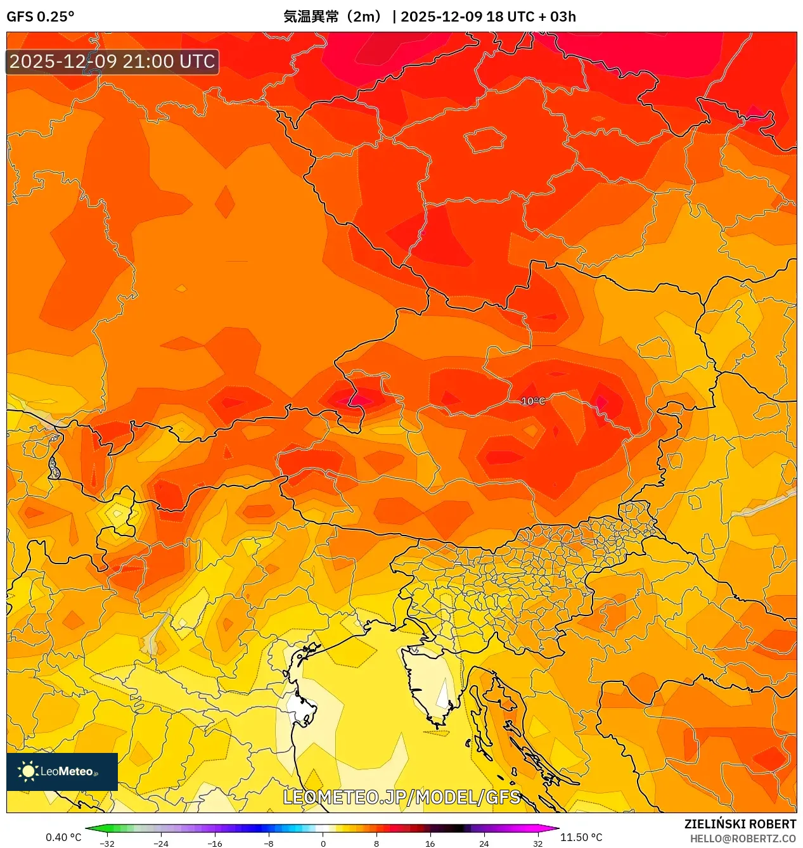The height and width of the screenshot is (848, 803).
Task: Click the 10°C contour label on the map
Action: (532, 401)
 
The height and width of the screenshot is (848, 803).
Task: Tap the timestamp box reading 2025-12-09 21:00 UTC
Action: (112, 61)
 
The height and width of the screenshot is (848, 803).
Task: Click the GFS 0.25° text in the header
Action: (40, 16)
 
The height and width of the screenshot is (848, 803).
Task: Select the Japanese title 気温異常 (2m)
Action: (333, 16)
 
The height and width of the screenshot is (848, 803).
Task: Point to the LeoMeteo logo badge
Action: (62, 771)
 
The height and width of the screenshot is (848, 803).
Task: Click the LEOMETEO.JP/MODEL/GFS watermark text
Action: (401, 797)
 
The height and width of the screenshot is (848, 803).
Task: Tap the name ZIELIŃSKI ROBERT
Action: (740, 824)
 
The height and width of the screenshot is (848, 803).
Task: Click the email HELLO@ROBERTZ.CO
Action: (743, 838)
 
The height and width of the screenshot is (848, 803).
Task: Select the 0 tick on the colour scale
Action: (323, 844)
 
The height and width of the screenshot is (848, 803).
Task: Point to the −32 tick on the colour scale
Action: (107, 844)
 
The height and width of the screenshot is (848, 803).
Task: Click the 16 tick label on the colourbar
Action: (430, 844)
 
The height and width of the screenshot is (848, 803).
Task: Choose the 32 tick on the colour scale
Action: (537, 844)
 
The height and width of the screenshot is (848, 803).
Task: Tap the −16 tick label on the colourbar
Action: (215, 844)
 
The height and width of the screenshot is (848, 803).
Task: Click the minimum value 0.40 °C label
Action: (63, 837)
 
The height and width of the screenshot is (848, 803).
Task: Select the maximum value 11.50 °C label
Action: (581, 837)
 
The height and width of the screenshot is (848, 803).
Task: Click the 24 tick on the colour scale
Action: (484, 844)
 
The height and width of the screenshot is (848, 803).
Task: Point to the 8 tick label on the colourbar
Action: (376, 844)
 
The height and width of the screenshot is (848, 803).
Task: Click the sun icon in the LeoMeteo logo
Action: (28, 771)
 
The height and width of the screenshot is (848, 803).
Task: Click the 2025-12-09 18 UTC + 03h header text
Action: (488, 16)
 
